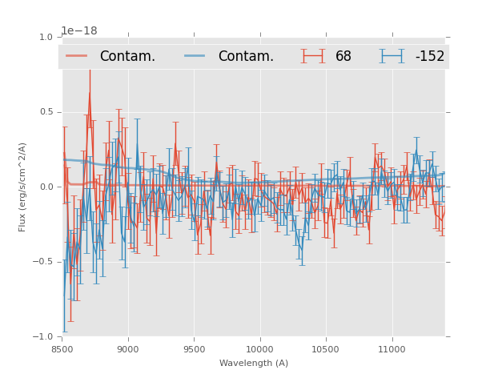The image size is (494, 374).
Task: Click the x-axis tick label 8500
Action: coord(62,350)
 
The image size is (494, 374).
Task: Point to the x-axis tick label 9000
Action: coord(128,350)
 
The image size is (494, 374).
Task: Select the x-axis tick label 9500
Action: coord(195,350)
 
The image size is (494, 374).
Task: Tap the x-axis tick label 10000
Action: coord(260,350)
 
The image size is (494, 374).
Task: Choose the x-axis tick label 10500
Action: coord(326,350)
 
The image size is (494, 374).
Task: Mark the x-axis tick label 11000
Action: coord(392,350)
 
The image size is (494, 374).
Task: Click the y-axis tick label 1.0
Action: coord(46,37)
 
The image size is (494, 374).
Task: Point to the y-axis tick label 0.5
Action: coord(46,112)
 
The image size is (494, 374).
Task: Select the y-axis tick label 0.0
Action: coord(46,187)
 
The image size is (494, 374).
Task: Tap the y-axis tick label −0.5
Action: coord(43,262)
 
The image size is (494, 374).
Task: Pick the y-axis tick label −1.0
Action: coord(43,337)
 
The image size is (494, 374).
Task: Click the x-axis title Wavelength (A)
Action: coord(254,364)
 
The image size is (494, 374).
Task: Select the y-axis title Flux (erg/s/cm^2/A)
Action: coord(23,187)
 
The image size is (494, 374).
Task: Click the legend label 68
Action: coord(343,57)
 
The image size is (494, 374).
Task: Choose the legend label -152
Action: coord(429,57)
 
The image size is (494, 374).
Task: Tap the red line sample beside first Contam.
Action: coord(77,56)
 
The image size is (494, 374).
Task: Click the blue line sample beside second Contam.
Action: coord(195,56)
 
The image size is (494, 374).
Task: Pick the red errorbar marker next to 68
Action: coord(313,56)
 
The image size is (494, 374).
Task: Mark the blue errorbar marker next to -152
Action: coord(392,56)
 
